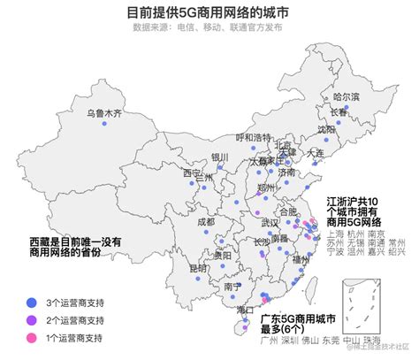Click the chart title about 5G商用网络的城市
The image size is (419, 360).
click(x=209, y=11)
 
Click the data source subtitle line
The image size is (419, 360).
click(x=209, y=27)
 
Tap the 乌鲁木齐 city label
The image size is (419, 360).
click(x=103, y=114)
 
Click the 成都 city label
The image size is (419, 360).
click(x=205, y=222)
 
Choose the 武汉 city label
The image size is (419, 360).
click(x=270, y=222)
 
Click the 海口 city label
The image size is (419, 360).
click(x=246, y=310)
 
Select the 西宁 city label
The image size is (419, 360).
click(x=192, y=173)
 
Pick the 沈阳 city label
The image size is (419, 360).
click(x=326, y=129)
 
